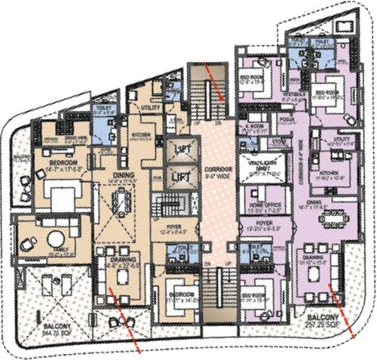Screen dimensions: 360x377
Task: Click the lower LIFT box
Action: [180, 176]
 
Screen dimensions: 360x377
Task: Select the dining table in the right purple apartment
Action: [333, 219]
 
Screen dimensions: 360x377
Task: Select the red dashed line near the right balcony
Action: [345, 314]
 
